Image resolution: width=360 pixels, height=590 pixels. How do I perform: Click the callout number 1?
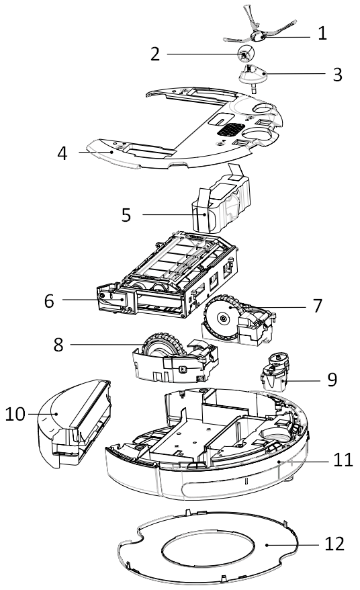pyautogui.click(x=322, y=34)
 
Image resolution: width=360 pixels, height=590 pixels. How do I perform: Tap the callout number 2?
pyautogui.click(x=155, y=54)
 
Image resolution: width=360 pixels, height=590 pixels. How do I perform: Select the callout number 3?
pyautogui.click(x=337, y=74)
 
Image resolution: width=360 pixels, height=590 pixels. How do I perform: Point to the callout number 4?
pyautogui.click(x=62, y=153)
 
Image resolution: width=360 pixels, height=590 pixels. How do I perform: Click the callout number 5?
pyautogui.click(x=126, y=215)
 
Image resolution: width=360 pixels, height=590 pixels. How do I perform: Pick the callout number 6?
pyautogui.click(x=49, y=301)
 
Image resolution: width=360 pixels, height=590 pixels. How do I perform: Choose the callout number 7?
pyautogui.click(x=318, y=306)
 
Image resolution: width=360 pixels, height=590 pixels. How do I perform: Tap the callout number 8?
pyautogui.click(x=58, y=345)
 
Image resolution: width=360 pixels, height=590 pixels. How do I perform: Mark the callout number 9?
pyautogui.click(x=332, y=380)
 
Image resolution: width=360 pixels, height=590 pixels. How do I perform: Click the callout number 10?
pyautogui.click(x=15, y=415)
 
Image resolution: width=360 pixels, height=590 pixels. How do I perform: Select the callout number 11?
pyautogui.click(x=343, y=460)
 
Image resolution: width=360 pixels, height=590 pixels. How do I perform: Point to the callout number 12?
pyautogui.click(x=334, y=544)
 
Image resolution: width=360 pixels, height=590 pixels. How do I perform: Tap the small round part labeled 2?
pyautogui.click(x=245, y=54)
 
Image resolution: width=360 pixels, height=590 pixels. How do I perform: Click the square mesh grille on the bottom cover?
pyautogui.click(x=230, y=130)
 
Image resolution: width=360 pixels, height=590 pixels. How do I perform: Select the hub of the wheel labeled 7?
pyautogui.click(x=224, y=319)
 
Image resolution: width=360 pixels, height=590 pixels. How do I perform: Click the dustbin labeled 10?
pyautogui.click(x=75, y=423)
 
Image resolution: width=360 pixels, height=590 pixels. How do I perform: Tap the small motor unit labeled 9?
pyautogui.click(x=276, y=372)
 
